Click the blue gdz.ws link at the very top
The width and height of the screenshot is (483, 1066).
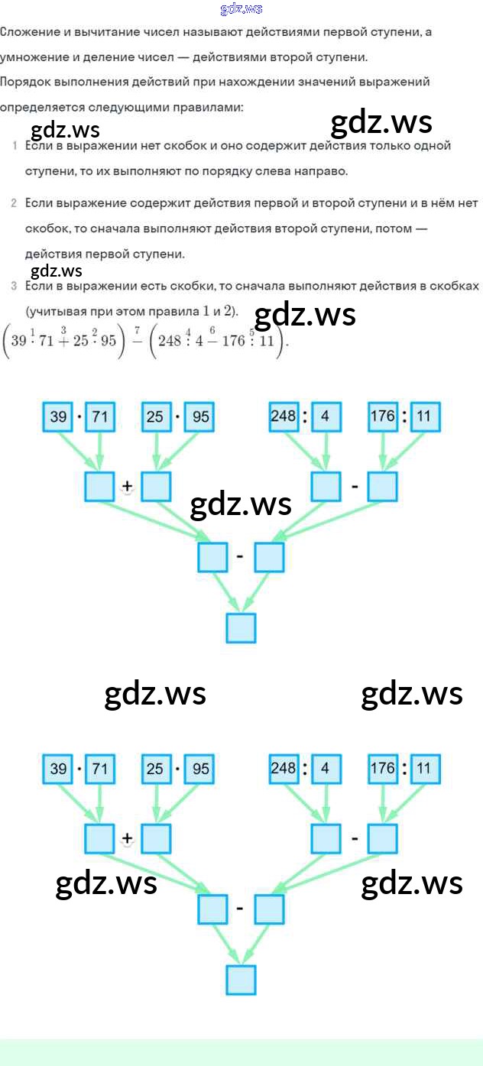click(241, 8)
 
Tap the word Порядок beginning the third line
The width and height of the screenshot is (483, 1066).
click(24, 82)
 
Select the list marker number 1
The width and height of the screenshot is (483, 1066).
click(15, 146)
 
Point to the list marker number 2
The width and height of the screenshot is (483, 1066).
click(15, 203)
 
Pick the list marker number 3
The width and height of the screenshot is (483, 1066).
click(15, 287)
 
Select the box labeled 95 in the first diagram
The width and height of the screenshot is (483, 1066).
click(200, 417)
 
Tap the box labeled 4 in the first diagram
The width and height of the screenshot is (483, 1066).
click(325, 417)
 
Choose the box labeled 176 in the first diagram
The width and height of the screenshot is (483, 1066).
click(382, 417)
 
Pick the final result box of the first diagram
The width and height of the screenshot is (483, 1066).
click(241, 627)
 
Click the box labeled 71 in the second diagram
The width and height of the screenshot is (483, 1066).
click(99, 769)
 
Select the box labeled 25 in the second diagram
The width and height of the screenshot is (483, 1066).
click(156, 769)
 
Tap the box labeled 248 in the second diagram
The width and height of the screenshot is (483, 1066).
click(284, 769)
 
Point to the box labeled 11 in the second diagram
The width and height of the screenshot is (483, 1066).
click(425, 769)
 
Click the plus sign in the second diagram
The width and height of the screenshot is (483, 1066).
click(127, 838)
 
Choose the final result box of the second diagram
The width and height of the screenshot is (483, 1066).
click(241, 979)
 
